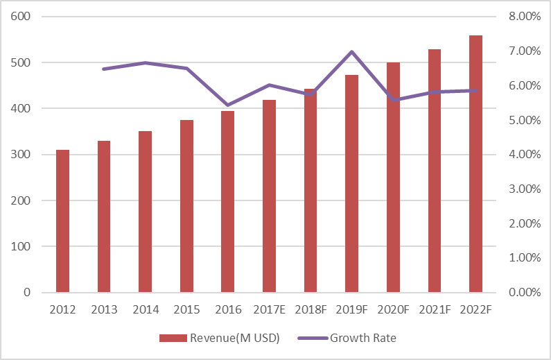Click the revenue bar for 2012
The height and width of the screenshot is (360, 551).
point(62,221)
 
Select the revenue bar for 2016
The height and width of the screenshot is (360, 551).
point(228,201)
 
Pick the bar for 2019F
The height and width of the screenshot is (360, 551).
point(352,183)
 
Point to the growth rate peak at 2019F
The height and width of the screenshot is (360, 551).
point(352,52)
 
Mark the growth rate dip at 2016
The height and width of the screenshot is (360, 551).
point(228,105)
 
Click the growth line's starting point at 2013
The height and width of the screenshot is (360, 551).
point(104,69)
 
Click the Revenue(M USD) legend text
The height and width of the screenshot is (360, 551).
point(236,338)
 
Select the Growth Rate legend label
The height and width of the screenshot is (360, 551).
point(363,338)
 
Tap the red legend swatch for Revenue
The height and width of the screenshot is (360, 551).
point(173,338)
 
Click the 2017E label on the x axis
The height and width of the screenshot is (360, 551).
point(269,309)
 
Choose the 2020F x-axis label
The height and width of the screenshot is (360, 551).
point(393,309)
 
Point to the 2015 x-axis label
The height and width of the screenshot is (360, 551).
point(186,309)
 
